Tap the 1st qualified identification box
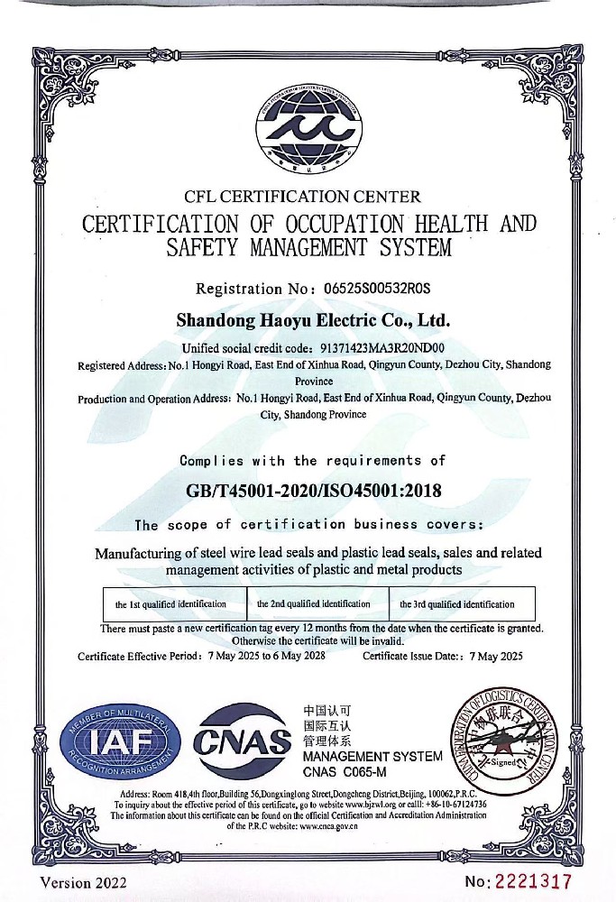click(170, 603)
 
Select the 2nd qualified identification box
click(313, 603)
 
